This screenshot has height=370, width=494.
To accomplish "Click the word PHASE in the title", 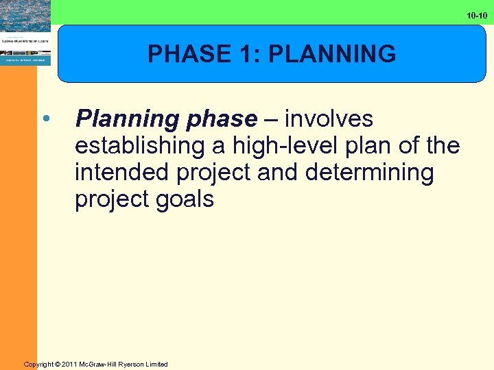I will click(x=178, y=53).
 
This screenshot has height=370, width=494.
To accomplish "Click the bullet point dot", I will click(x=46, y=119).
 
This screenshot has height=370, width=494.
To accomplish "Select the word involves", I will click(x=329, y=119).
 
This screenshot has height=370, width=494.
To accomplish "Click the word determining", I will click(x=370, y=173).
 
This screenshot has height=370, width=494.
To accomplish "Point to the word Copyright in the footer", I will click(x=40, y=364).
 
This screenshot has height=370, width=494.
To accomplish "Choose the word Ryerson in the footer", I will click(x=134, y=364).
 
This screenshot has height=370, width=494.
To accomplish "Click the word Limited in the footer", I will click(x=158, y=364).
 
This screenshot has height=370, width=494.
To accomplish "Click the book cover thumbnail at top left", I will click(x=25, y=33).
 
